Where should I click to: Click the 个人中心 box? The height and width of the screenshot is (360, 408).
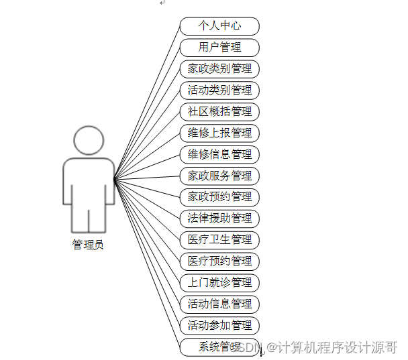(219, 26)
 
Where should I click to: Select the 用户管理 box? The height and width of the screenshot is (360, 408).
(219, 48)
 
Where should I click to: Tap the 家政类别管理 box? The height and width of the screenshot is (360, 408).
(219, 69)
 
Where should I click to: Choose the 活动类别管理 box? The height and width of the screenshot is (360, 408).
(219, 91)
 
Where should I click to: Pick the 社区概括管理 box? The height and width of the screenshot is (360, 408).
(219, 111)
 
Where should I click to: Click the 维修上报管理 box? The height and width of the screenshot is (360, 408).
(219, 133)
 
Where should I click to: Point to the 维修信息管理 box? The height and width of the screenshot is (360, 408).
(219, 154)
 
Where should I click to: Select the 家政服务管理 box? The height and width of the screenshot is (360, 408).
(219, 176)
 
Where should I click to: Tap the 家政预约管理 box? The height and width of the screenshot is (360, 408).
(219, 197)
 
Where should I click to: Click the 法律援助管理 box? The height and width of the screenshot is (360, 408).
(219, 218)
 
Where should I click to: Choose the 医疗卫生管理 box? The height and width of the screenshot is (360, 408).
(219, 239)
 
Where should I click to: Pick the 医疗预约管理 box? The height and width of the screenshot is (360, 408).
(219, 261)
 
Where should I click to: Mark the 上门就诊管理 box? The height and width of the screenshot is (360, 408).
(219, 282)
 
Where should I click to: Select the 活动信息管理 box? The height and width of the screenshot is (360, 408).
(219, 304)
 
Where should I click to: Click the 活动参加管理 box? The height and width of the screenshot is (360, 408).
(219, 325)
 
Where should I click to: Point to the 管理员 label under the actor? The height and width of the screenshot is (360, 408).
(88, 245)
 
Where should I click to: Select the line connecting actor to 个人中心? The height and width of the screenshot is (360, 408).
(148, 101)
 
